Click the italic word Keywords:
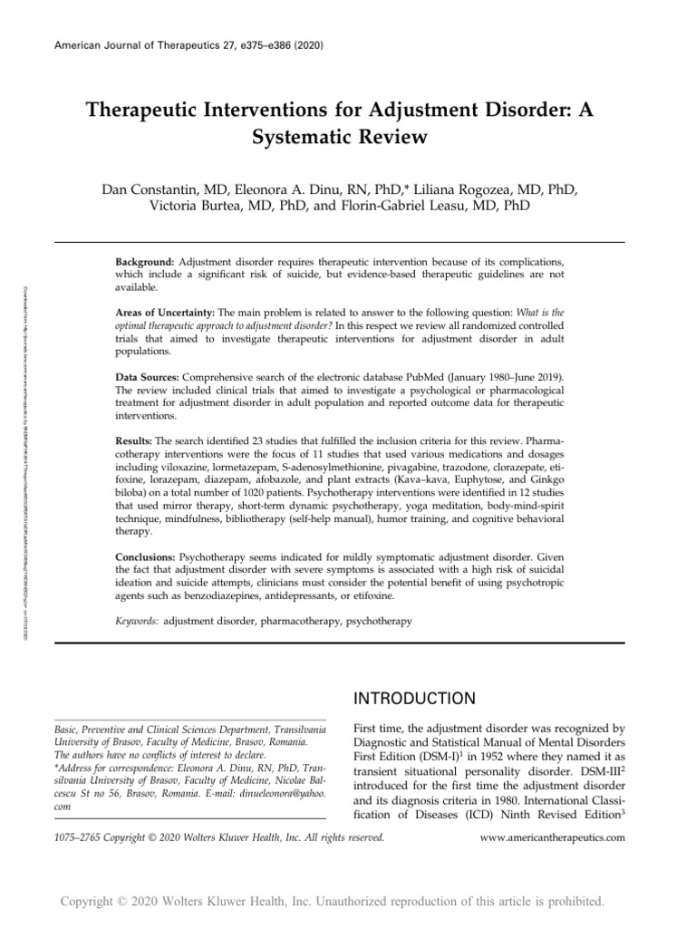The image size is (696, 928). point(137,621)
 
